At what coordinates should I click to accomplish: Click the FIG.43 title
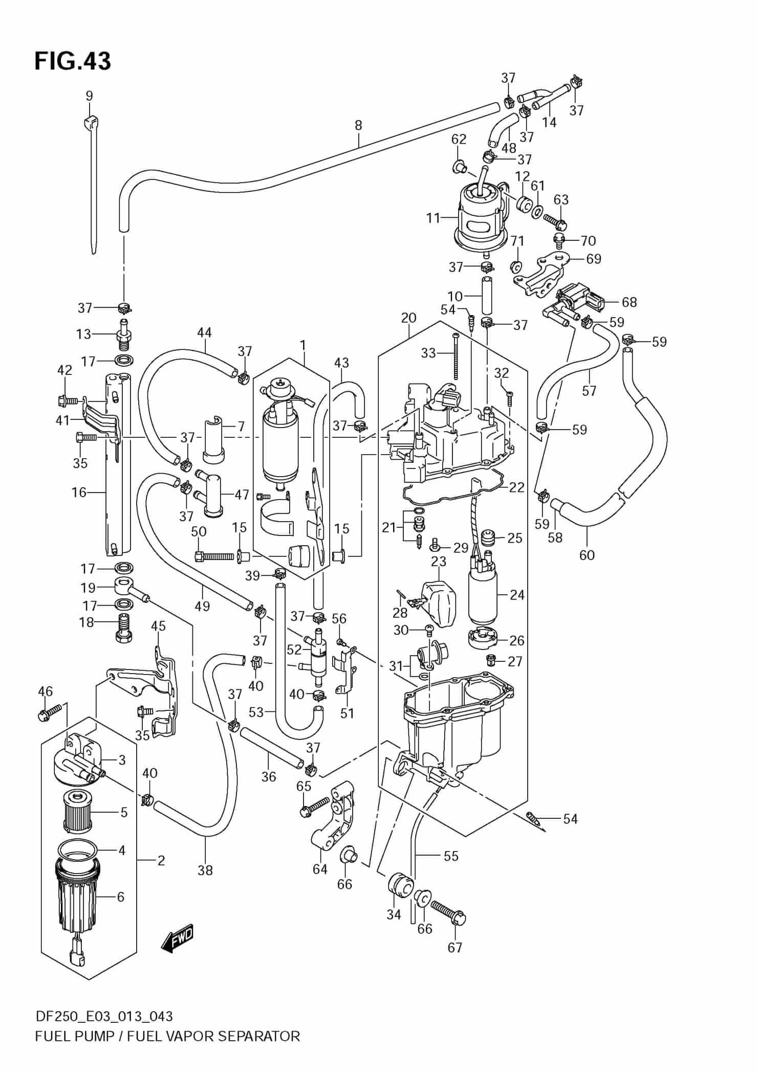click(72, 61)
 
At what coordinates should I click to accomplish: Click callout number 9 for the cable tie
click(89, 96)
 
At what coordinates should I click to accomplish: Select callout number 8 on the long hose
click(358, 125)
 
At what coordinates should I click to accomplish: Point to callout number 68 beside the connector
click(629, 302)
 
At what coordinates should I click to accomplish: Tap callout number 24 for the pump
click(517, 594)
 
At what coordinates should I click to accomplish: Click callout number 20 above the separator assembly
click(408, 317)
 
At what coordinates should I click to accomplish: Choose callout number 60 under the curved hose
click(587, 554)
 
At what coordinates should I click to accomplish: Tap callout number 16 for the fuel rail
click(79, 492)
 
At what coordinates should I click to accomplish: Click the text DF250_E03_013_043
click(104, 1016)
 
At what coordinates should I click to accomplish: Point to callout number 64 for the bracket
click(320, 868)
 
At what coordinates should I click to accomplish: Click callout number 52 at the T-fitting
click(294, 650)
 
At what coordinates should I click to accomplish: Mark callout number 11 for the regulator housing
click(433, 218)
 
